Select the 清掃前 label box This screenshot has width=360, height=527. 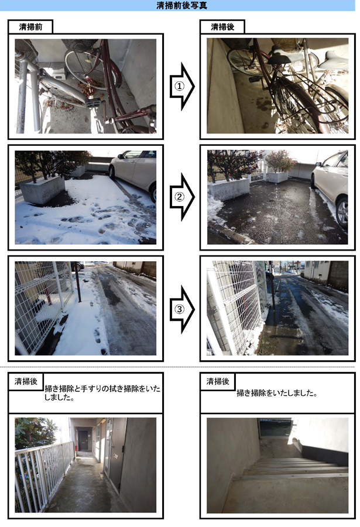click(x=30, y=27)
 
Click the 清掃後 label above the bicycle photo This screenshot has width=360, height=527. click(x=222, y=27)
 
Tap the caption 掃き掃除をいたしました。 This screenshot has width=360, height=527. click(x=277, y=393)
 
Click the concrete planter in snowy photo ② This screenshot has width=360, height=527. click(x=42, y=190)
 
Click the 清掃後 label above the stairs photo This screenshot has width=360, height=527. click(x=217, y=382)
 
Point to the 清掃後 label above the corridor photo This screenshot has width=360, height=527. click(x=25, y=382)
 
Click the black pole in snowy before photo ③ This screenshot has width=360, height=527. click(x=77, y=282)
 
